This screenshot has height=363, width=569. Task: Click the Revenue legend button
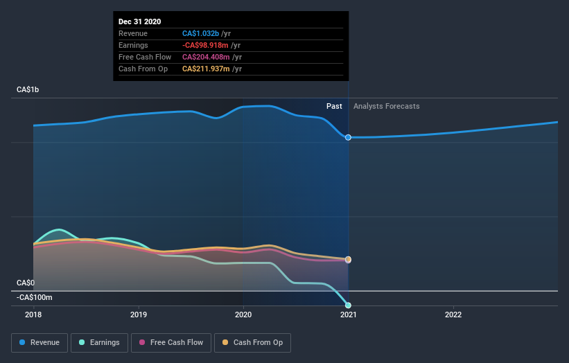40,342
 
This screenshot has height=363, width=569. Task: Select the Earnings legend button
98,342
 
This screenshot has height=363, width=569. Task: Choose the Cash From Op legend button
253,342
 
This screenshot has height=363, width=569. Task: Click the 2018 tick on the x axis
33,315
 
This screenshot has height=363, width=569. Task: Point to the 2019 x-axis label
139,315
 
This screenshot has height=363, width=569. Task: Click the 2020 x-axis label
243,315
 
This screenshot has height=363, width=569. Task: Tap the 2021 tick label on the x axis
348,315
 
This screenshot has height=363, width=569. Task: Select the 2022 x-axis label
453,315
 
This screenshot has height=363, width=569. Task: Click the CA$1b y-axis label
30,90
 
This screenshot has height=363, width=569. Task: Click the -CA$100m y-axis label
35,297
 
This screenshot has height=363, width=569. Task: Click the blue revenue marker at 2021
348,137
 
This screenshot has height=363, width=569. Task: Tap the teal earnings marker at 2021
348,305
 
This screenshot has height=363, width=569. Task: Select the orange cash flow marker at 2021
348,260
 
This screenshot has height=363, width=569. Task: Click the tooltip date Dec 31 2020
139,21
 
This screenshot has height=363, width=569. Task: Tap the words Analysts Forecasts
386,106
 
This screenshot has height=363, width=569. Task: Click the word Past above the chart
334,106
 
